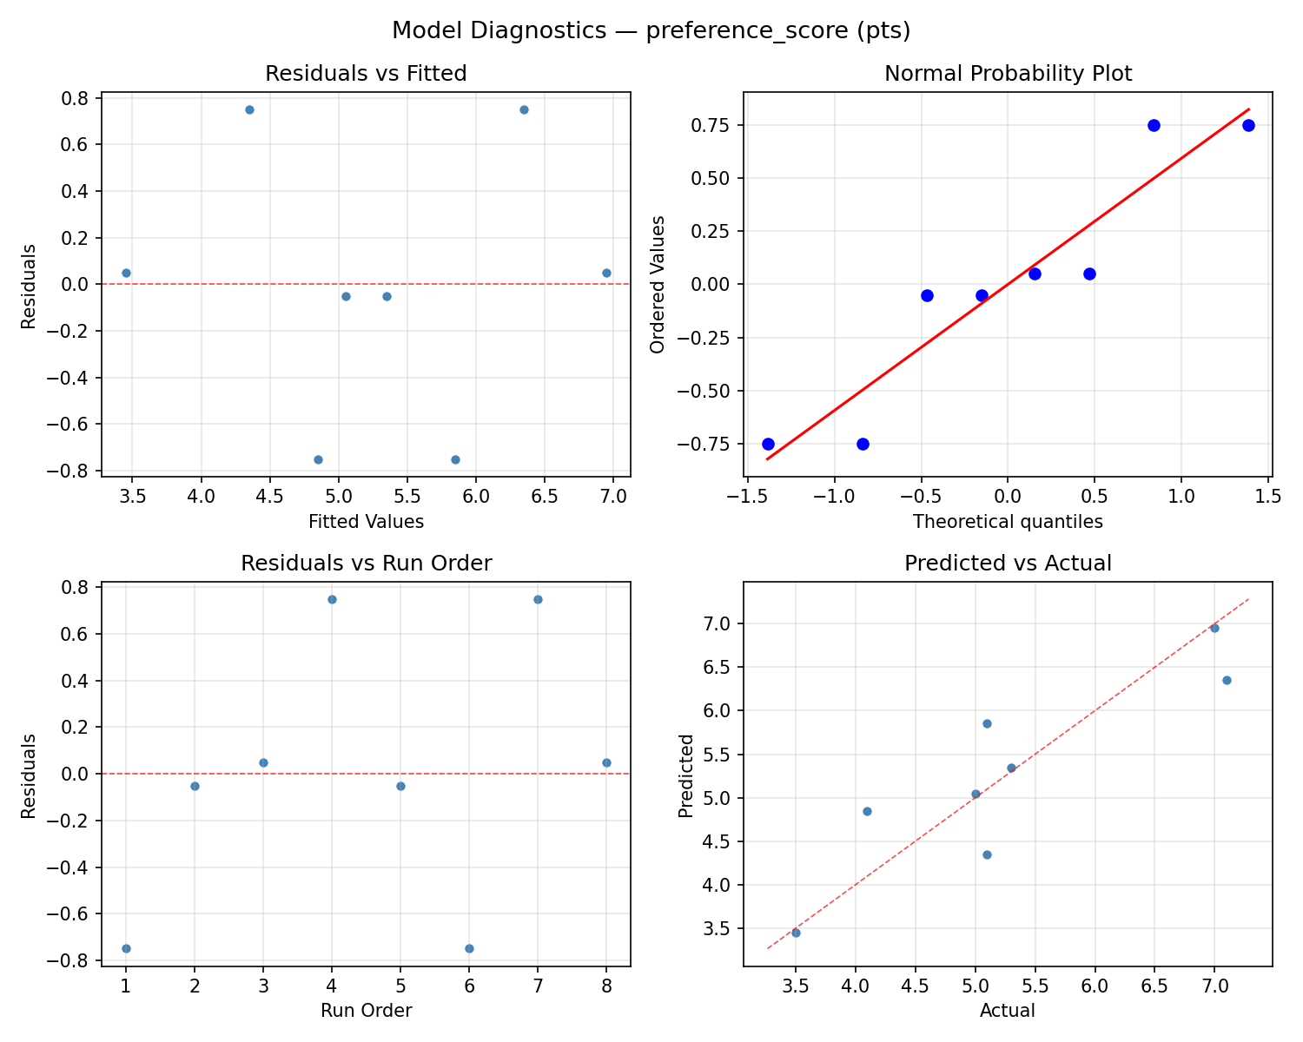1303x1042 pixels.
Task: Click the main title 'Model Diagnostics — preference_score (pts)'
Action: click(651, 31)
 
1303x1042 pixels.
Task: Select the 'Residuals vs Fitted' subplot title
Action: click(366, 74)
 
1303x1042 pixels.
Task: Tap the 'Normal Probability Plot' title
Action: click(1008, 74)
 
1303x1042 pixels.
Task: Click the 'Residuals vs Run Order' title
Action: click(366, 564)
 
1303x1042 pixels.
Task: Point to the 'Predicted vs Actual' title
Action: click(1008, 564)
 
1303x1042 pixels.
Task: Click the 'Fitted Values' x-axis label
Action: click(366, 522)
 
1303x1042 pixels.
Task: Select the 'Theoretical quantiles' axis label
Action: click(1008, 522)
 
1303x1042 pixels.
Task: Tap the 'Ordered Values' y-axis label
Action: click(658, 285)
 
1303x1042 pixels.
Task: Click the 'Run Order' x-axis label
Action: click(366, 1011)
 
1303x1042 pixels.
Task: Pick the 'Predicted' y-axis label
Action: click(686, 775)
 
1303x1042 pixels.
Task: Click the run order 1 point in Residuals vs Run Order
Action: click(126, 948)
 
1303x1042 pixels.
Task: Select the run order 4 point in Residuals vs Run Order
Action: click(332, 599)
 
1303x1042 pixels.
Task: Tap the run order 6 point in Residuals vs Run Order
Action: click(469, 948)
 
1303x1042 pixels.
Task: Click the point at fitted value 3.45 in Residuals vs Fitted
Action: click(126, 273)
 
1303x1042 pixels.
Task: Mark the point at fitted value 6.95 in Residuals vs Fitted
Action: click(606, 273)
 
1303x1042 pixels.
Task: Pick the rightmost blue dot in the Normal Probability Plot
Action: click(1248, 125)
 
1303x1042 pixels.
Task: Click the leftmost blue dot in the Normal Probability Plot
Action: click(768, 444)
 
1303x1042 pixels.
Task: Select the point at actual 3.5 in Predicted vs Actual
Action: click(796, 933)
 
